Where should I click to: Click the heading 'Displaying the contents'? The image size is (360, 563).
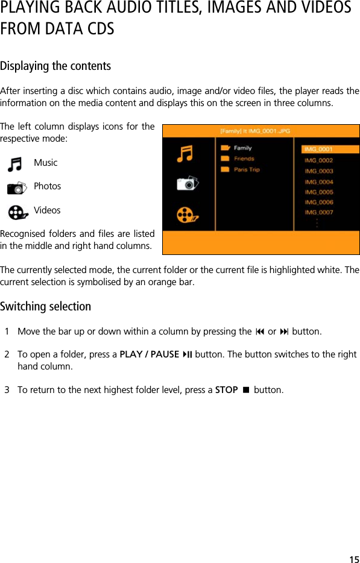[x=55, y=66]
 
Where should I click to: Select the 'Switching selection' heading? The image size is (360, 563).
[x=46, y=306]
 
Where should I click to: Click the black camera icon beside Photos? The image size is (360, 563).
[x=17, y=187]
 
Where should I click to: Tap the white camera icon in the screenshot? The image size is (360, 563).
[x=187, y=183]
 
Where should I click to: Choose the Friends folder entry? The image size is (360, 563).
[x=244, y=159]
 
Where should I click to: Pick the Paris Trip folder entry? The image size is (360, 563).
[x=246, y=169]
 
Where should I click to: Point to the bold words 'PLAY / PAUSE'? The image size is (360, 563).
[x=150, y=354]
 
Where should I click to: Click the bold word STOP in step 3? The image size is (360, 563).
[x=226, y=390]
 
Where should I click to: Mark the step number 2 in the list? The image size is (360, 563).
[x=7, y=354]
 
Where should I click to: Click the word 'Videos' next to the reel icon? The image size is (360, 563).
[x=47, y=210]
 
